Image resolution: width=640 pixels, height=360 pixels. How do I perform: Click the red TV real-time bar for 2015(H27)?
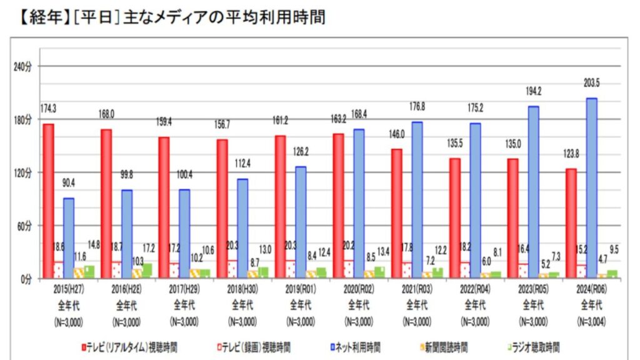[x=48, y=201]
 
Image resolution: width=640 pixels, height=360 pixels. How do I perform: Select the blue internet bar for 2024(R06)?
[x=591, y=187]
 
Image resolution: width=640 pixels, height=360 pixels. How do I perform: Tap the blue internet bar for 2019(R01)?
[x=301, y=222]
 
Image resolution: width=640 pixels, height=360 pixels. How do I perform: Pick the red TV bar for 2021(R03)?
[x=396, y=213]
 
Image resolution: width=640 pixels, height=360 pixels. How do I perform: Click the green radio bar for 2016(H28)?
[x=147, y=271]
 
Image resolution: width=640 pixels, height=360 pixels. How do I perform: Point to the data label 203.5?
[x=591, y=85]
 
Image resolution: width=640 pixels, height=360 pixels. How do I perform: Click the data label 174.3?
[x=48, y=108]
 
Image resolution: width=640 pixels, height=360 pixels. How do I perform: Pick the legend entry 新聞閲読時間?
[x=445, y=346]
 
